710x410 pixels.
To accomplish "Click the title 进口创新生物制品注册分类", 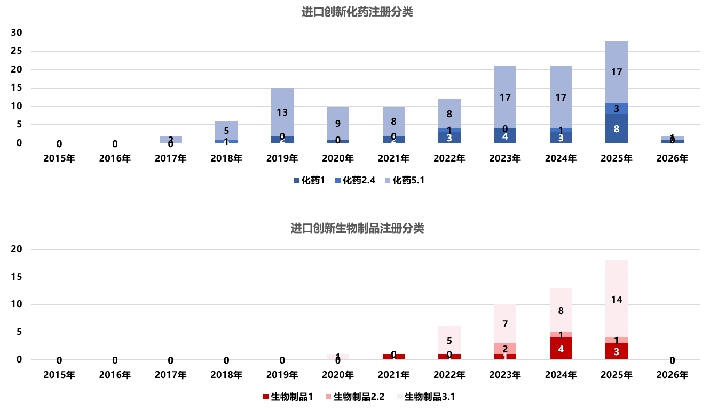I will (357, 229).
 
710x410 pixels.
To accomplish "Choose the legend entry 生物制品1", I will (288, 397).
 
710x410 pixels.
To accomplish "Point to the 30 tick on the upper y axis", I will (17, 33).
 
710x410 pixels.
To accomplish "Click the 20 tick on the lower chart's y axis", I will (17, 249).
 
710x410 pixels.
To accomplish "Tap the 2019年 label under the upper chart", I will (282, 158).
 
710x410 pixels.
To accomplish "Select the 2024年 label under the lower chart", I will (561, 375).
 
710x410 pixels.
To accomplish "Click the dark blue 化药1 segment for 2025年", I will (617, 128).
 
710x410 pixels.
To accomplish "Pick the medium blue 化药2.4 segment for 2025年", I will (617, 108).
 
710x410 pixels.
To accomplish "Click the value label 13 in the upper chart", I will (282, 112).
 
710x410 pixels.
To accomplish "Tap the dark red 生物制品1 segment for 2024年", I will (561, 349).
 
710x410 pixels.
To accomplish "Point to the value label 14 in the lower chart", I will (617, 300).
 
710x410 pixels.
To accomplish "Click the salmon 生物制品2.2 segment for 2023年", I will (505, 348).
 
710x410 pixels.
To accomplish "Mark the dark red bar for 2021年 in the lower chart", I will (393, 357).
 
